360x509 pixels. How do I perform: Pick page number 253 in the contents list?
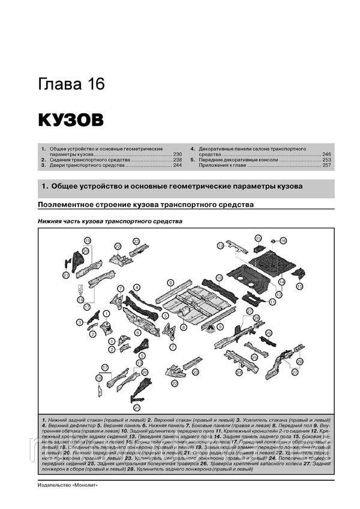point(326,160)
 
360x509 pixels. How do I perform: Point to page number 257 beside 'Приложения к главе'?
point(326,166)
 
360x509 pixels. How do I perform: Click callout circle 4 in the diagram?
point(137,287)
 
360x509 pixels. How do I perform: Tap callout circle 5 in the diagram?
point(165,315)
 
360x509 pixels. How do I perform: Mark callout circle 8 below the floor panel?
point(184,327)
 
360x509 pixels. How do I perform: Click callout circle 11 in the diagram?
point(272,302)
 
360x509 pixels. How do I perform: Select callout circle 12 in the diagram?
point(221,246)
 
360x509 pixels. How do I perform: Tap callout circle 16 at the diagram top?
point(283,240)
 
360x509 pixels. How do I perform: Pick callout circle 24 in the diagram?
point(239,372)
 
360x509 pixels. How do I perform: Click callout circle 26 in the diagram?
point(269,333)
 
